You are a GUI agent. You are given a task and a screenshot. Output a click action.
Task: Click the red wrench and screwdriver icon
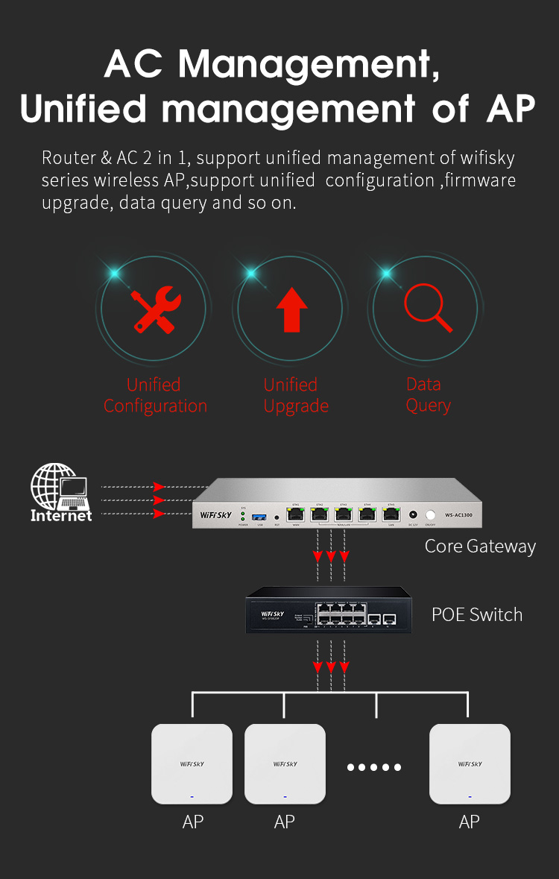tap(156, 310)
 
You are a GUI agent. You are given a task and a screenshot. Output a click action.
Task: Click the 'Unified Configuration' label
tap(155, 395)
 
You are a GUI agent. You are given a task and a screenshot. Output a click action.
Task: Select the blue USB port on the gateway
tap(259, 516)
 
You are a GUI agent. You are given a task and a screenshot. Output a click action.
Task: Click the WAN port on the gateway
tap(296, 514)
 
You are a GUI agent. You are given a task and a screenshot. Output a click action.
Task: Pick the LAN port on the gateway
tap(391, 514)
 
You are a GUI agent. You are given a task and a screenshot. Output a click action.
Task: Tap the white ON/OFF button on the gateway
tap(430, 514)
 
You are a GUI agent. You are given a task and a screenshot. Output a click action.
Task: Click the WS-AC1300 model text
tap(458, 514)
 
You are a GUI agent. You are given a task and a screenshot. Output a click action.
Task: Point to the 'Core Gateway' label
tap(480, 546)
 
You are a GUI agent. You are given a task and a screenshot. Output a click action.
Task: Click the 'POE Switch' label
tap(477, 615)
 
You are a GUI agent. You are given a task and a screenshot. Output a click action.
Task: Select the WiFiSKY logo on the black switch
tap(274, 614)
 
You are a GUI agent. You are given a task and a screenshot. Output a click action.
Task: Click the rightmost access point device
tap(470, 764)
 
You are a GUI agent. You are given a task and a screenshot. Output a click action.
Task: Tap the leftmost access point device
tap(192, 764)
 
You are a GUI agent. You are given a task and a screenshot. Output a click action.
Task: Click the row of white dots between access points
tap(374, 767)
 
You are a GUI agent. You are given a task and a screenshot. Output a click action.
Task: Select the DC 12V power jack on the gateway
tap(413, 514)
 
